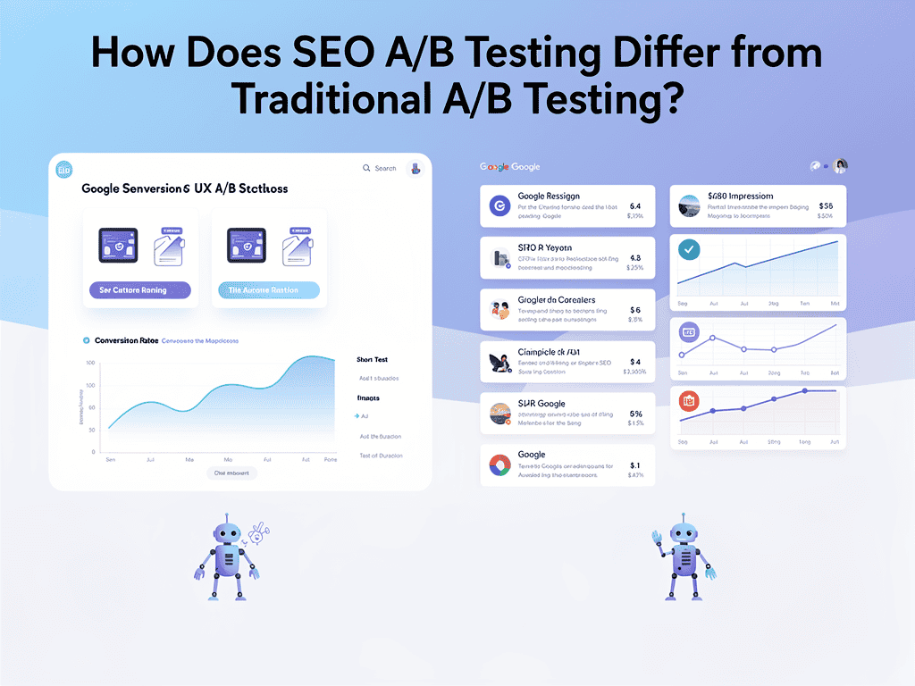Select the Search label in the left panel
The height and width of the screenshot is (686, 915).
tap(385, 168)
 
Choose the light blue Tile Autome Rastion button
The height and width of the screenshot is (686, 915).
tap(269, 290)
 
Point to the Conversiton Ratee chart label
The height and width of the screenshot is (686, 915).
tap(120, 340)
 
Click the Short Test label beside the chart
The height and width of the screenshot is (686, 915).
tap(372, 360)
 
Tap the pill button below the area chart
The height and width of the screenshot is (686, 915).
tap(231, 473)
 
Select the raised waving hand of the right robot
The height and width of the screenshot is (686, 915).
tap(656, 537)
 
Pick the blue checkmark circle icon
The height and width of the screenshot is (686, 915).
tap(689, 250)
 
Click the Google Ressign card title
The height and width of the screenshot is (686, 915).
tap(549, 196)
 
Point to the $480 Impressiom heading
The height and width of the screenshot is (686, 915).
tap(740, 196)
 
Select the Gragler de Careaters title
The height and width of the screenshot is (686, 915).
tap(556, 300)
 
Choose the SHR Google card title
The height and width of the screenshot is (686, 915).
tap(541, 404)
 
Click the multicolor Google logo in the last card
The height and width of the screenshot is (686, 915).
tap(499, 464)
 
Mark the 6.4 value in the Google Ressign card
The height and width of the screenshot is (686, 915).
tap(635, 205)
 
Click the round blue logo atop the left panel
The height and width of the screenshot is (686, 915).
tap(63, 170)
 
